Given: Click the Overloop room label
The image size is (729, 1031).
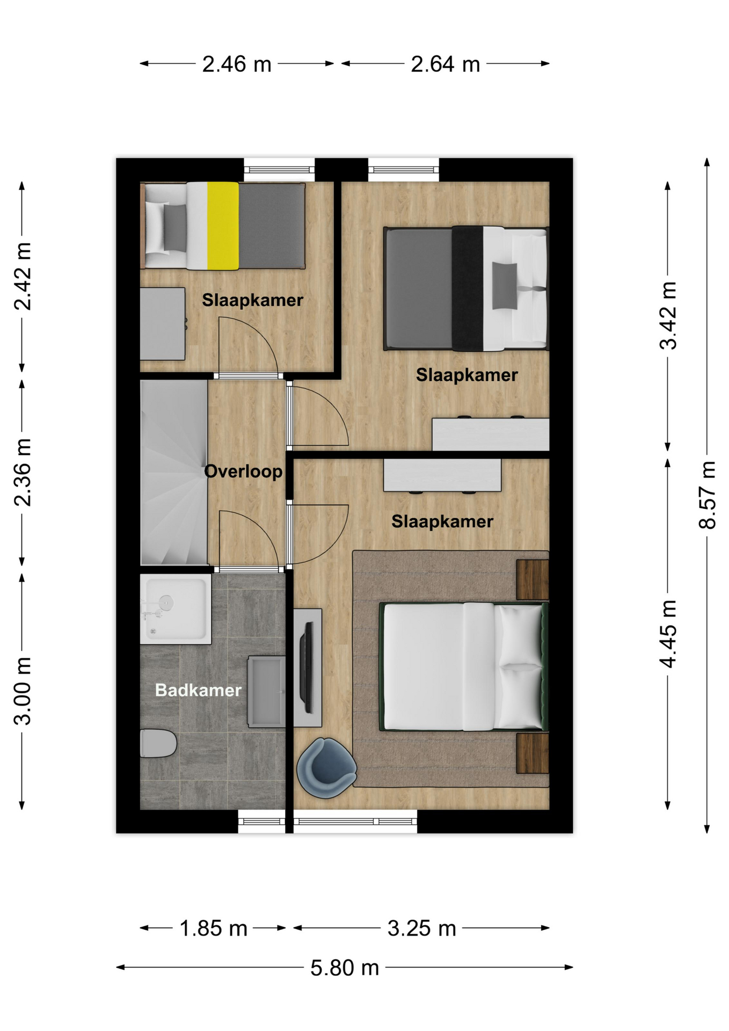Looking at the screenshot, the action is coord(243,471).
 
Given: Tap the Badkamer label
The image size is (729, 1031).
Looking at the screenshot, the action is coord(198,690).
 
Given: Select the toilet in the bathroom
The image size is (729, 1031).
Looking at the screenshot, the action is coord(158,743).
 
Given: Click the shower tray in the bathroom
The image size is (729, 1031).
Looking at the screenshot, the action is coord(176,609).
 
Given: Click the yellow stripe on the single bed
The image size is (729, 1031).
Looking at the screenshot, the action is coord(223,226).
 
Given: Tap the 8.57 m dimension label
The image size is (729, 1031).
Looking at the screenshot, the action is coord(707,495).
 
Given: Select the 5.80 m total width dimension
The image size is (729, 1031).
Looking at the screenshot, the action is coord(345,968).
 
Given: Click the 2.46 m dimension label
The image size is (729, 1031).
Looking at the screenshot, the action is coord(237,64).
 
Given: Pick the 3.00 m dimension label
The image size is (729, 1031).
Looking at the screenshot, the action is coord(23,691).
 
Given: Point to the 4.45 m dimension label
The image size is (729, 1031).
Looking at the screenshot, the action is coord(668,634).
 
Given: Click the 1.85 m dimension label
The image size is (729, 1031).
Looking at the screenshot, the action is coord(213,928).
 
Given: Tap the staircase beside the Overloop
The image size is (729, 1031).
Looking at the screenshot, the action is coord(174,473).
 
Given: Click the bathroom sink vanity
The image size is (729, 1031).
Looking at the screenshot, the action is coord(266,692).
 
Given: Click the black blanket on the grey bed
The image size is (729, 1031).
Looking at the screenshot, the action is coord(468,288).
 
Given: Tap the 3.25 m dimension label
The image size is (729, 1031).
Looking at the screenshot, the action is coord(422,928).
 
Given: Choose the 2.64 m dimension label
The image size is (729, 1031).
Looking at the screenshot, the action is coord(446,64).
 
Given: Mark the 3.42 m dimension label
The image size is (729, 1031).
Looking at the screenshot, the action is coord(668,316).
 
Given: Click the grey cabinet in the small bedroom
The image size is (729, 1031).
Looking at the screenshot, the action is coord(163,324).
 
